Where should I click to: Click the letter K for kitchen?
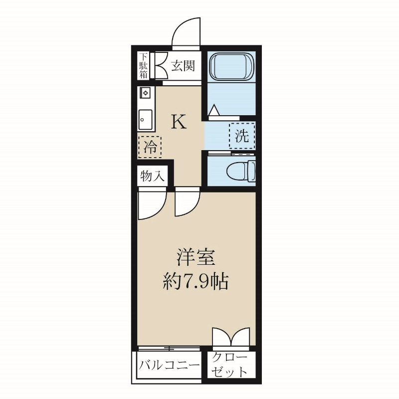tap(179, 122)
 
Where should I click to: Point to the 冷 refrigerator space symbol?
tap(150, 147)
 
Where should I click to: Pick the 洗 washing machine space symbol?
tap(242, 136)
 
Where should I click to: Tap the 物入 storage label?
tap(153, 177)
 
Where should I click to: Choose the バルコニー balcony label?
tap(168, 367)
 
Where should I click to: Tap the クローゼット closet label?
tap(230, 366)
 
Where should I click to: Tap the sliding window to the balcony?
tap(170, 348)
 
